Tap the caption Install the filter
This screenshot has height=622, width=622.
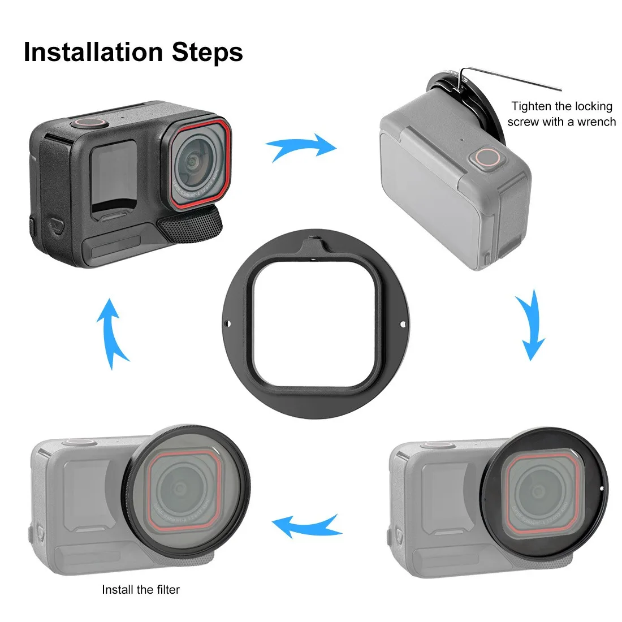click(x=141, y=589)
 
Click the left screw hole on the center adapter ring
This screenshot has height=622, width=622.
click(x=228, y=324)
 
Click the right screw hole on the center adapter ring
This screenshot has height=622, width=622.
click(x=403, y=324)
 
